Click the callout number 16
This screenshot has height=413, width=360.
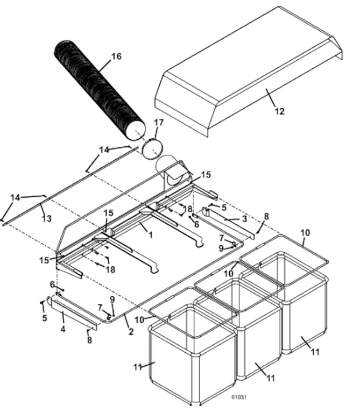[116, 56]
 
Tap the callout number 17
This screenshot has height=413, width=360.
[158, 123]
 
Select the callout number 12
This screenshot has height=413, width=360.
[279, 111]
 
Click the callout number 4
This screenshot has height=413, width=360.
[62, 329]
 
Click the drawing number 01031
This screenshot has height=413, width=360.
[239, 397]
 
